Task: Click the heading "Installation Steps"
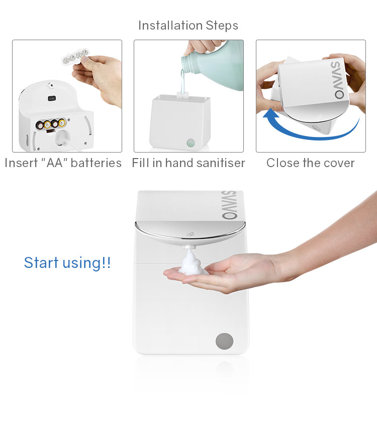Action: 188,26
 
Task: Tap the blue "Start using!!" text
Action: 67,262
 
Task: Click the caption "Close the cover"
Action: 310,163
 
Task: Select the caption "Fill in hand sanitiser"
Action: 189,163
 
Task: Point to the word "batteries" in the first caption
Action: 96,163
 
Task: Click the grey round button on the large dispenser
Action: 224,341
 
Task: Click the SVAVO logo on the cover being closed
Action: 340,79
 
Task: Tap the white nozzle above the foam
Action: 190,247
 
